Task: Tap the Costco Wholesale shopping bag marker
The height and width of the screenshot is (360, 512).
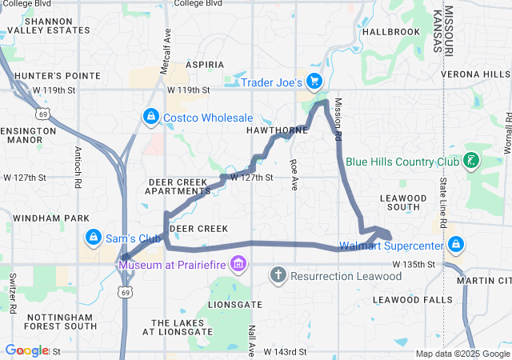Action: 150,118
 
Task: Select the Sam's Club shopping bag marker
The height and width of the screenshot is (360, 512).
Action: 94,238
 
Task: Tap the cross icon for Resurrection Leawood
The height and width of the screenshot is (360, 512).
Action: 278,276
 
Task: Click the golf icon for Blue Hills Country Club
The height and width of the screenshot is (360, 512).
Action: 472,161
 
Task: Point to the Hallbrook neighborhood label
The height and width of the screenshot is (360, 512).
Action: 390,32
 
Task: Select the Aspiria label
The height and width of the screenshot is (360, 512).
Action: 204,64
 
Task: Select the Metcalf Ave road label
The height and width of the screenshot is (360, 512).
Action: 167,52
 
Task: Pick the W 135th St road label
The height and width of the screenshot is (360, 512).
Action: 413,264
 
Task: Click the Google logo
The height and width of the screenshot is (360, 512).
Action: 27,350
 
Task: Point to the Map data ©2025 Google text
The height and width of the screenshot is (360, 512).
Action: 462,354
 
